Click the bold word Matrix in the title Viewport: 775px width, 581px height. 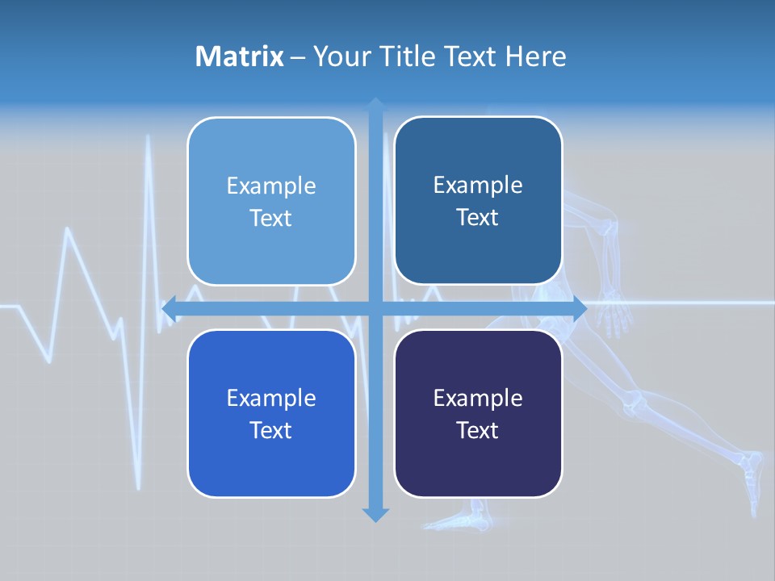tap(239, 56)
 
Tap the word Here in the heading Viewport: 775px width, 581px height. tap(536, 56)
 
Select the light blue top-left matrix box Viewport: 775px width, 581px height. tap(271, 201)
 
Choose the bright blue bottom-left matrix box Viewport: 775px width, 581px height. tap(271, 413)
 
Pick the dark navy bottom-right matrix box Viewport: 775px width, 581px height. tap(478, 413)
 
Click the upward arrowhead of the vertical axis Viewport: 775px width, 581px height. tap(375, 104)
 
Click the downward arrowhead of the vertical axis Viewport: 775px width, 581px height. tap(375, 514)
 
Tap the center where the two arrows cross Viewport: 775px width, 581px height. tap(375, 308)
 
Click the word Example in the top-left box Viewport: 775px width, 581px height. tap(271, 186)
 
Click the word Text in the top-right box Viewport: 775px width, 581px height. tap(478, 217)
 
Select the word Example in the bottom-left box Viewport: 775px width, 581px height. tap(271, 398)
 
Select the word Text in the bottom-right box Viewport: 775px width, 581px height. tap(478, 430)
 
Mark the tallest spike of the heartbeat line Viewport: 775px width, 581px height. tap(149, 139)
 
